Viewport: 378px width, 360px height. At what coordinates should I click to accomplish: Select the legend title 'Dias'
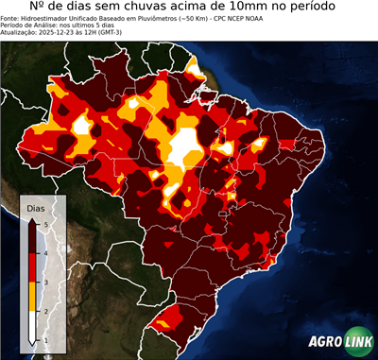point(35,207)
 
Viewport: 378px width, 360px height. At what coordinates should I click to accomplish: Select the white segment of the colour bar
point(32,326)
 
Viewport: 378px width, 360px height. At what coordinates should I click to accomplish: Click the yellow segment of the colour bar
point(32,297)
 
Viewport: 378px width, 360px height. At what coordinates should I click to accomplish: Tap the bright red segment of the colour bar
point(32,267)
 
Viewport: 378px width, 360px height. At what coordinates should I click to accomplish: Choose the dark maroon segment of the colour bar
point(32,236)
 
